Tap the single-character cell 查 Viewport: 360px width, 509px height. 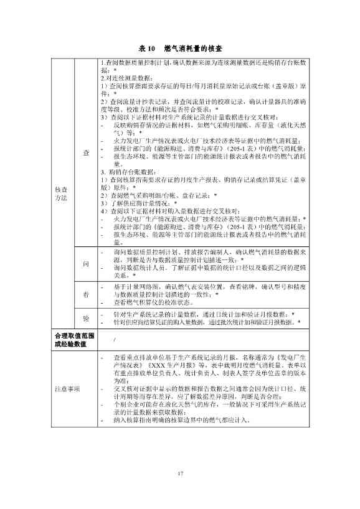(x=86, y=152)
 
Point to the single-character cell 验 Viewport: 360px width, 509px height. (x=86, y=319)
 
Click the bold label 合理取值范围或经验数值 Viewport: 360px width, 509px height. (x=72, y=340)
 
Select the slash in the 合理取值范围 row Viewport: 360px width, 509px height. (x=115, y=340)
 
